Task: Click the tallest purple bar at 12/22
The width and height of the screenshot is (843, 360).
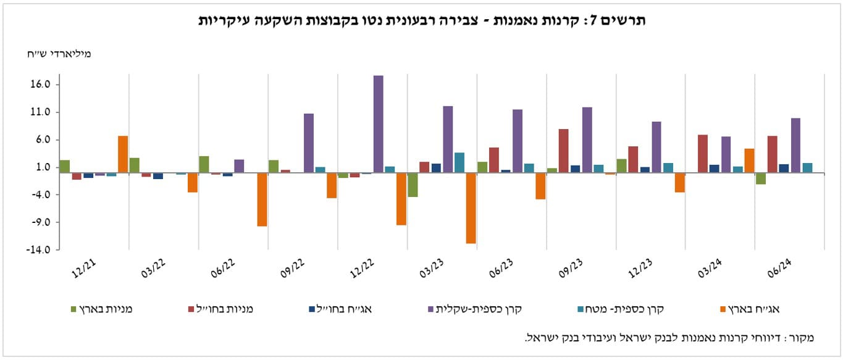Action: (378, 124)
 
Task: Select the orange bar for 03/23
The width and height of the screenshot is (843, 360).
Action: (471, 208)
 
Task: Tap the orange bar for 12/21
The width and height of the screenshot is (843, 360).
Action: (123, 154)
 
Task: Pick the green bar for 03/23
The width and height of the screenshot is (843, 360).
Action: (413, 185)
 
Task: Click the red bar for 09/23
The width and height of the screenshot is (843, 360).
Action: (563, 151)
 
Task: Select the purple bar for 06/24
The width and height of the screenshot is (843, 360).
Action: (795, 145)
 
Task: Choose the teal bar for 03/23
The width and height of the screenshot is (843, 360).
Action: (459, 162)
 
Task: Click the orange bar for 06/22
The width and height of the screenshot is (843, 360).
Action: (262, 199)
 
